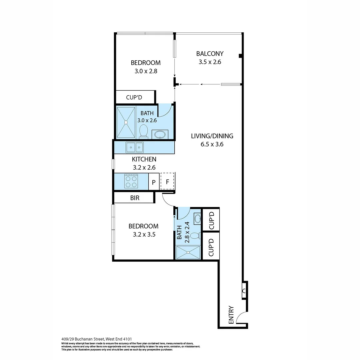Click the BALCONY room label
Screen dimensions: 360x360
(x=210, y=53)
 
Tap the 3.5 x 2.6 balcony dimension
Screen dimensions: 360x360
(x=210, y=62)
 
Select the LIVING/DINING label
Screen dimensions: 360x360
(x=212, y=136)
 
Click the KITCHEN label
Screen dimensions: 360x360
(x=144, y=159)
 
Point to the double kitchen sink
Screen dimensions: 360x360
(x=134, y=147)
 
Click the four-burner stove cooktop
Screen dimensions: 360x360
(x=131, y=181)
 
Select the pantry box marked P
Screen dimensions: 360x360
(x=154, y=182)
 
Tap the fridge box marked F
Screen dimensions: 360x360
(x=168, y=182)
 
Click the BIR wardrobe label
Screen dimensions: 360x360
(x=135, y=198)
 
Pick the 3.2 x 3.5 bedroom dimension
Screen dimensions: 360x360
(x=143, y=234)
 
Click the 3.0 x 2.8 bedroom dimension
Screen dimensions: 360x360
(x=145, y=71)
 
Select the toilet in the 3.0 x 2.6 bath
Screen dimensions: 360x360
(x=144, y=130)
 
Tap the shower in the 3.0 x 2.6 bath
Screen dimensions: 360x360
(x=126, y=122)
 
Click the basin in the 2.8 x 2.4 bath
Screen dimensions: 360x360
(x=197, y=218)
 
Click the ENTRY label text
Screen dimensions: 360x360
(x=231, y=315)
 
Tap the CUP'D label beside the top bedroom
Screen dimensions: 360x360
(x=134, y=97)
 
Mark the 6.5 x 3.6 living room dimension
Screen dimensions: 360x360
(x=212, y=145)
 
